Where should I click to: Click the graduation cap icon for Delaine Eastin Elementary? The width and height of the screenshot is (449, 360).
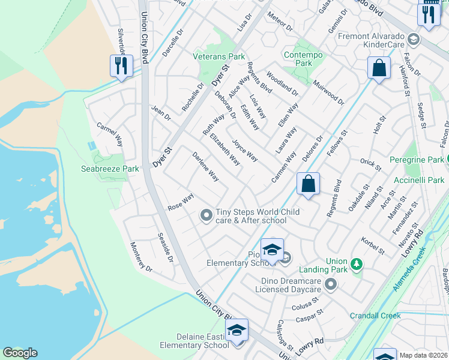tap(237, 331)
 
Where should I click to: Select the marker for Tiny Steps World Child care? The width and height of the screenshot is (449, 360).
tap(206, 214)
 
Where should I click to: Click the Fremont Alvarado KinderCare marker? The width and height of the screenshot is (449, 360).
tap(413, 40)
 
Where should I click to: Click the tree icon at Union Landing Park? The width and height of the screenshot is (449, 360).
tap(356, 264)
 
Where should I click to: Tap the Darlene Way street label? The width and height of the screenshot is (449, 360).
tap(205, 167)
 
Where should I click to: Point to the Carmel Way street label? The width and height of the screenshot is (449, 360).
tap(110, 135)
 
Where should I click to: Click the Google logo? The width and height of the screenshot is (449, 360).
tap(20, 352)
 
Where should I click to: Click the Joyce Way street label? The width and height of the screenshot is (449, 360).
tap(245, 151)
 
